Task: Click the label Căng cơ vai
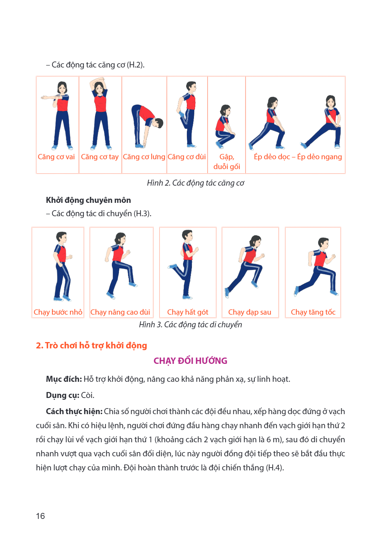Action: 56,157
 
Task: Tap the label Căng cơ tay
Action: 100,157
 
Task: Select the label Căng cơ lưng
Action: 144,157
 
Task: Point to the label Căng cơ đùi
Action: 187,157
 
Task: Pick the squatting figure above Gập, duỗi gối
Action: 225,126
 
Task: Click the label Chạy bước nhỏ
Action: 58,312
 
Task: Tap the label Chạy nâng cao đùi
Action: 120,312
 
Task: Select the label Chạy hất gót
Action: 188,312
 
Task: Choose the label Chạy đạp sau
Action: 250,312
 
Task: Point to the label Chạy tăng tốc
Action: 313,312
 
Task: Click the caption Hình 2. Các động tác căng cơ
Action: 196,183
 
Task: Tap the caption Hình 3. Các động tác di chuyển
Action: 190,325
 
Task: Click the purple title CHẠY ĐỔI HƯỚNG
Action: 190,361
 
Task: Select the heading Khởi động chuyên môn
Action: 88,200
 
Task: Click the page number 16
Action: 40,516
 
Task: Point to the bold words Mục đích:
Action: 64,379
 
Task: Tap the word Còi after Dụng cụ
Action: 87,396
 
